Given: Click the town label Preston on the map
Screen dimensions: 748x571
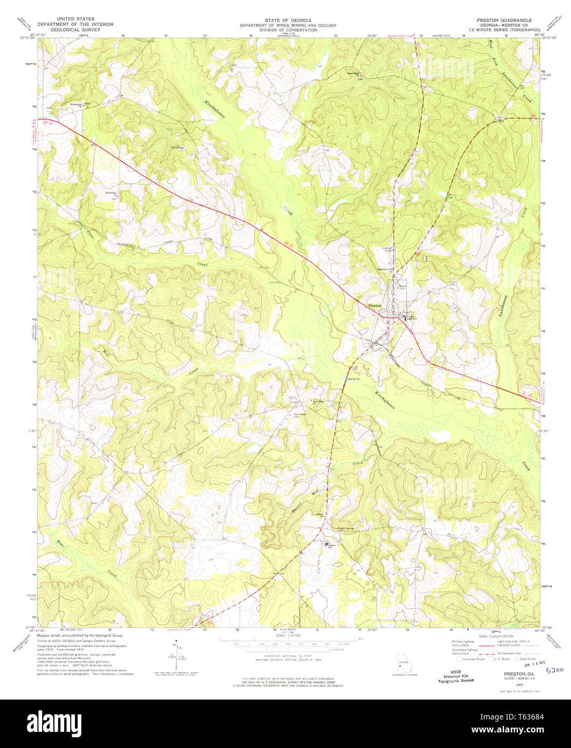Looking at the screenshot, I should click(x=374, y=305).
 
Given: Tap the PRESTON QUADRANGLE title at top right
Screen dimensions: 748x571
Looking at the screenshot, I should click(x=504, y=20).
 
